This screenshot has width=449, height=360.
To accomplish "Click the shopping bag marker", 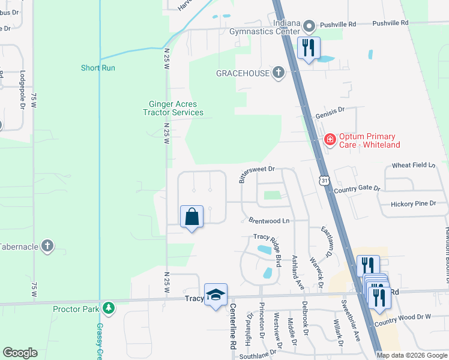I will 191,217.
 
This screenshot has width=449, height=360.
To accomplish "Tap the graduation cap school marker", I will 215,295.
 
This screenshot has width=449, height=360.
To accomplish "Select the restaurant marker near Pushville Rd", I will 309,48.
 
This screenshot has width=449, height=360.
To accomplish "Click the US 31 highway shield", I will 324,180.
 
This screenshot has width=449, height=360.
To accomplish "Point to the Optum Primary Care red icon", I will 330,140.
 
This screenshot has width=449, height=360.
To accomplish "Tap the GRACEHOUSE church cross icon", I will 277,73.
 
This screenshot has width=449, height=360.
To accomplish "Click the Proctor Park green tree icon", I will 108,308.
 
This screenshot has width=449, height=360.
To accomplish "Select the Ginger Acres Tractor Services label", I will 173,109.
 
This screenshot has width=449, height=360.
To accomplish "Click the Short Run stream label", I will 98,68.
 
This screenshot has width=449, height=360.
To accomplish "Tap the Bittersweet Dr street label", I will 256,173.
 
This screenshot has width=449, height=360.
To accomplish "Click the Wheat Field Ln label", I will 413,165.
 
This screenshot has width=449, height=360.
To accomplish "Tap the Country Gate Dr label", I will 358,188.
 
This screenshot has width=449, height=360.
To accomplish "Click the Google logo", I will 20,353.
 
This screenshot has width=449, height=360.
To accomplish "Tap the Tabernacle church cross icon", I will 47,246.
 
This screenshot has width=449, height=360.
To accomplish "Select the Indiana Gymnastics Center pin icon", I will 309,26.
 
